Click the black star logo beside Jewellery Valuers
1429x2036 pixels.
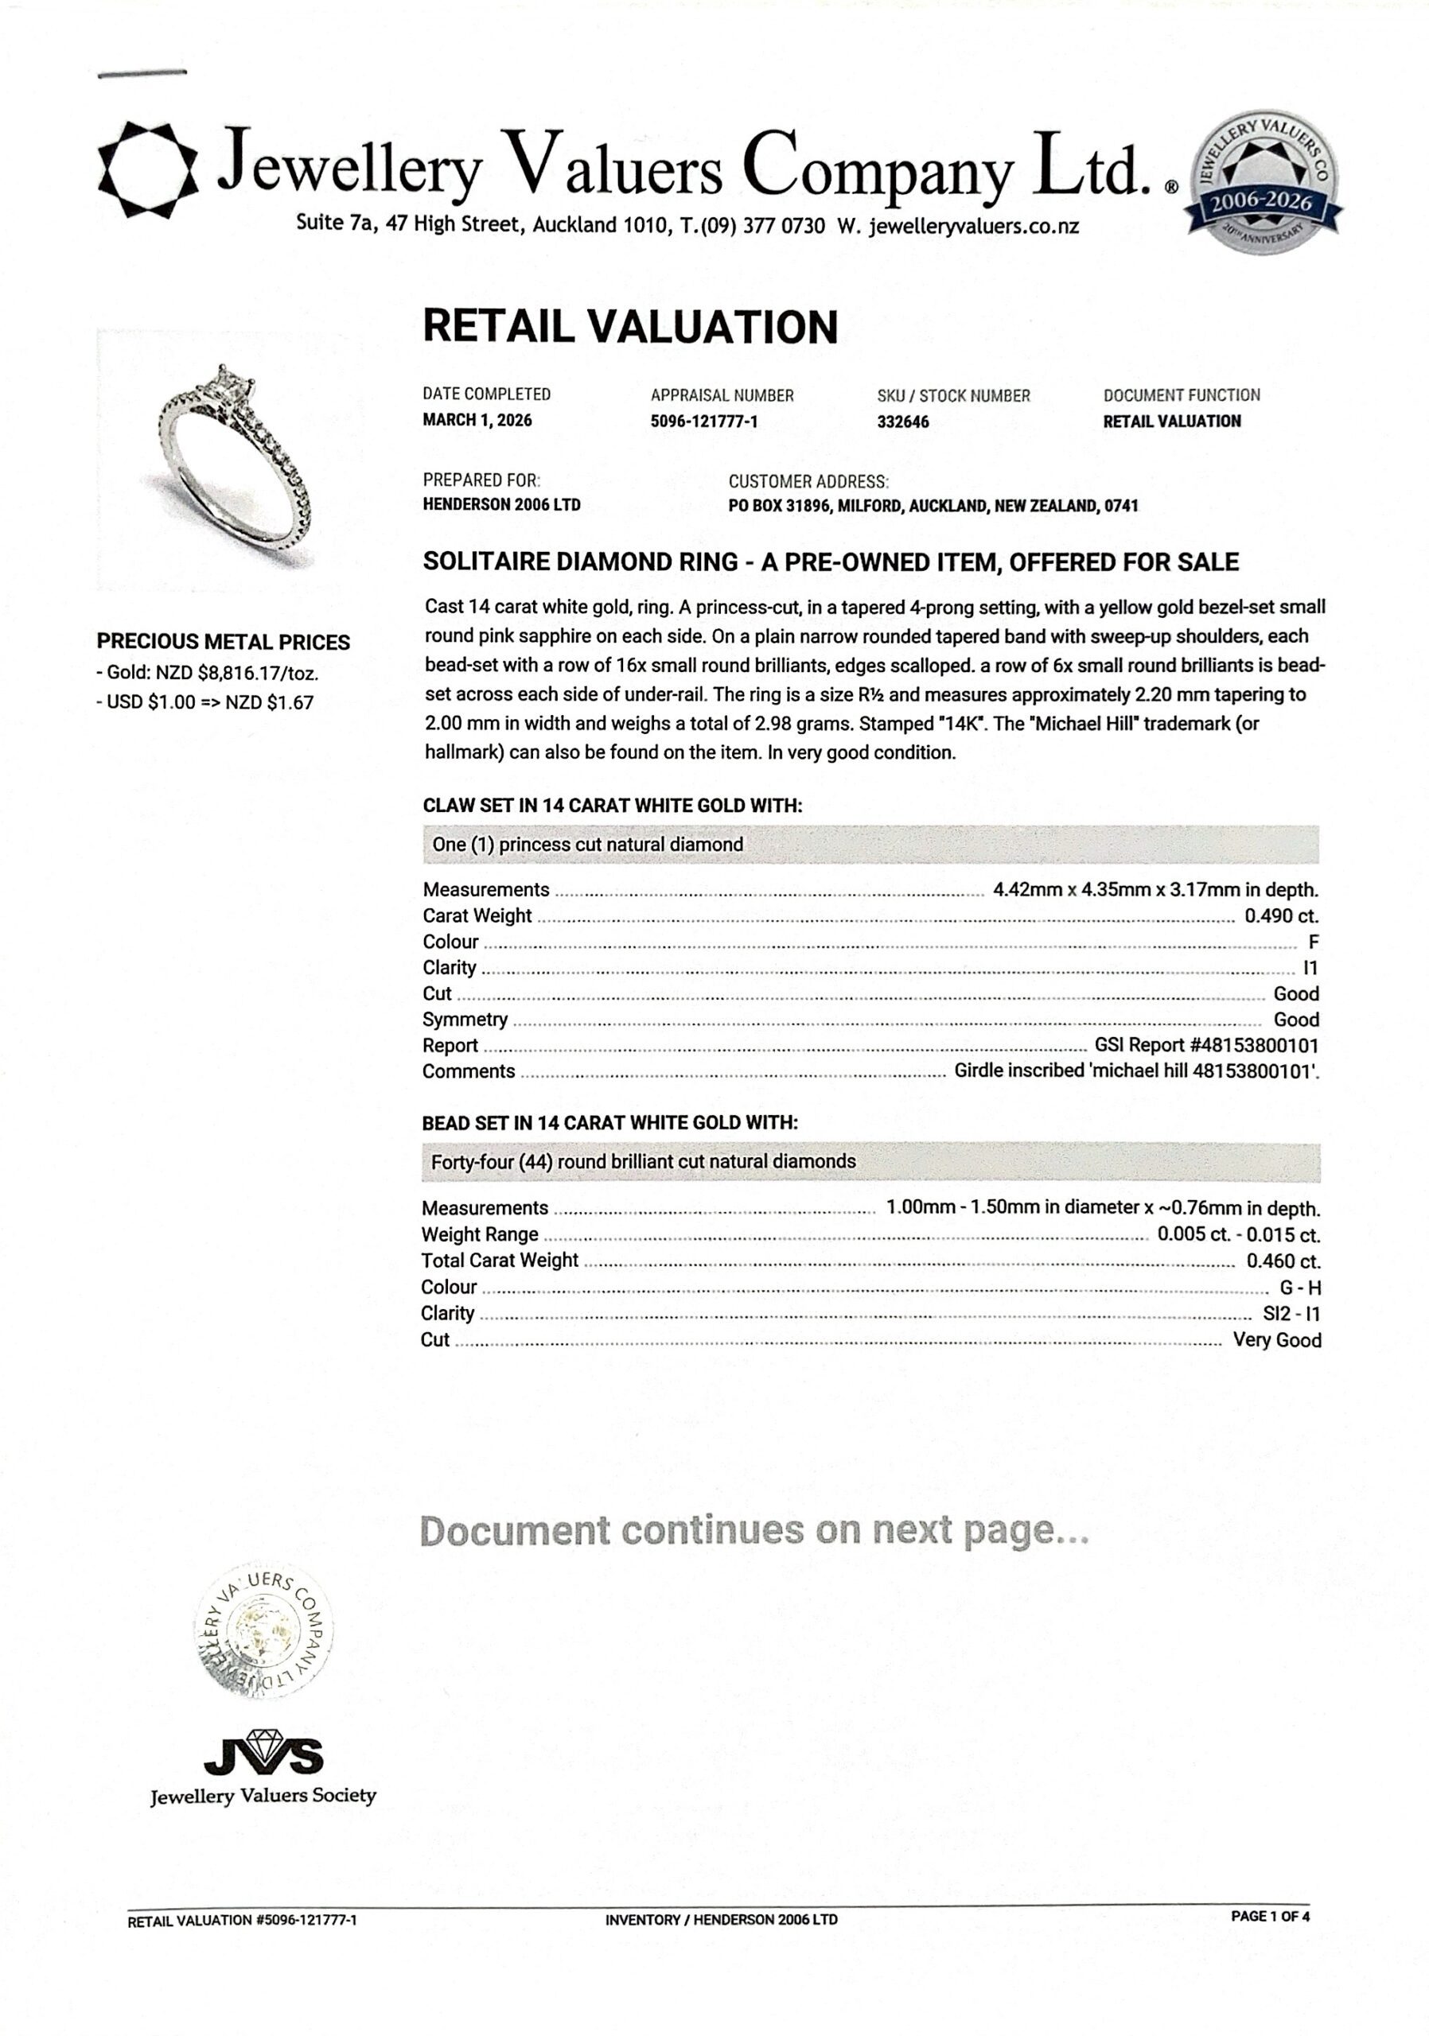pyautogui.click(x=147, y=168)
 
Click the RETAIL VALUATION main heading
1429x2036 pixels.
pyautogui.click(x=630, y=326)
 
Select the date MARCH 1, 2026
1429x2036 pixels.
pyautogui.click(x=477, y=421)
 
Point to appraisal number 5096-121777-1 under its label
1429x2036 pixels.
pyautogui.click(x=703, y=422)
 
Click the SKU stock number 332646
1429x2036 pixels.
pyautogui.click(x=903, y=422)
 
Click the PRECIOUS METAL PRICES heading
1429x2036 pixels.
pyautogui.click(x=224, y=642)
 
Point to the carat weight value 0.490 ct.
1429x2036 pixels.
pyautogui.click(x=1281, y=916)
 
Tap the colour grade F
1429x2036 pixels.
pyautogui.click(x=1314, y=942)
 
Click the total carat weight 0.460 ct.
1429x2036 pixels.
pyautogui.click(x=1283, y=1261)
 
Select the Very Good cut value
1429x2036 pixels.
pyautogui.click(x=1276, y=1340)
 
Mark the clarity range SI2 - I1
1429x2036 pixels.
pyautogui.click(x=1291, y=1313)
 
